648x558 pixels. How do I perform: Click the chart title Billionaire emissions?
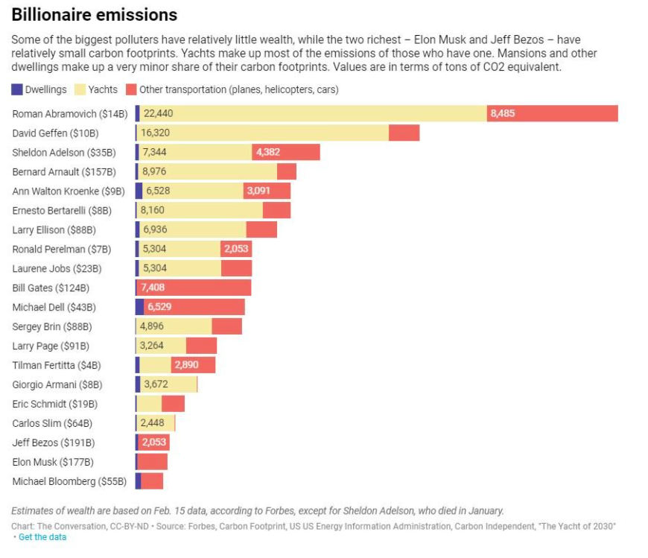(95, 15)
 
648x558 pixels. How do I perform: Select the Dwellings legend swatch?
(17, 89)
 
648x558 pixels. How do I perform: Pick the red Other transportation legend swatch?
(131, 89)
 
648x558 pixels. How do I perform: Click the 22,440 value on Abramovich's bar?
(159, 114)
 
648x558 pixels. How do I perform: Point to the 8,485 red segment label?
(503, 114)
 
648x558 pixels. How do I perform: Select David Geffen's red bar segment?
(404, 133)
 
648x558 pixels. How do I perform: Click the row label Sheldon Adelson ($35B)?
(64, 153)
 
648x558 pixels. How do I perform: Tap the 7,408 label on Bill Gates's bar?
(153, 288)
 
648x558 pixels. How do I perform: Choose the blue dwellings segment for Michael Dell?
(140, 307)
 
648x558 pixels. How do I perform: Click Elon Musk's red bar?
(153, 462)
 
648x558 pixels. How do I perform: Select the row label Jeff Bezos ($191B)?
(54, 443)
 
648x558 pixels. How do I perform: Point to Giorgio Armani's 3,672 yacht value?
(156, 384)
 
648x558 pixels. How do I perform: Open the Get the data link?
(42, 537)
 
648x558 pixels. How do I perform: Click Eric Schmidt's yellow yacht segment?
(149, 403)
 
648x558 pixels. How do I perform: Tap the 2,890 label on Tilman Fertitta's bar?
(186, 365)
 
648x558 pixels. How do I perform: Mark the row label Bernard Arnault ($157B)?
(64, 172)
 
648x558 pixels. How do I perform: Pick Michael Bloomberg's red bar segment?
(152, 481)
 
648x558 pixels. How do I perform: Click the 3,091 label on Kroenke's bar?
(258, 191)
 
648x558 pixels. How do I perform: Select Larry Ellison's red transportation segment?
(261, 229)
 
